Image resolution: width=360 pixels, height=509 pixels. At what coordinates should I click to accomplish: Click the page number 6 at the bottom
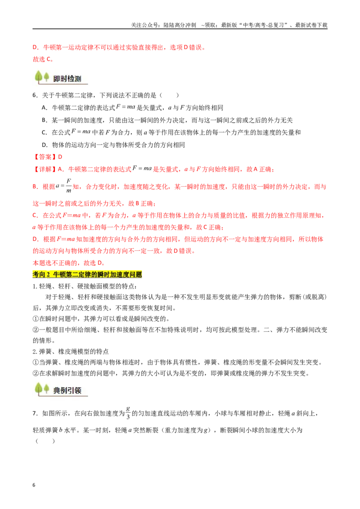pyautogui.click(x=34, y=485)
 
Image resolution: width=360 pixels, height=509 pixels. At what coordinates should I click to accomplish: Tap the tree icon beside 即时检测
pyautogui.click(x=42, y=77)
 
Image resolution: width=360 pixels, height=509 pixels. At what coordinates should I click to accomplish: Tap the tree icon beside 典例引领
pyautogui.click(x=42, y=389)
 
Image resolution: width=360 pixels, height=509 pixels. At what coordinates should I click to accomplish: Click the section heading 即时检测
pyautogui.click(x=67, y=79)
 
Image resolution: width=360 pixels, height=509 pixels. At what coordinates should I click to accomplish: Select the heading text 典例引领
pyautogui.click(x=67, y=390)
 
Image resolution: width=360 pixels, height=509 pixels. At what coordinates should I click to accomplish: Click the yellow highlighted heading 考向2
pyautogui.click(x=87, y=275)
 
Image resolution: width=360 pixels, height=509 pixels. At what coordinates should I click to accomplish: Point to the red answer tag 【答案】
pyautogui.click(x=45, y=157)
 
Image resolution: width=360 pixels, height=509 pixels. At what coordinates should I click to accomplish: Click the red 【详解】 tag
pyautogui.click(x=45, y=169)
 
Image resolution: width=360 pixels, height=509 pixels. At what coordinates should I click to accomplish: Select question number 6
pyautogui.click(x=35, y=95)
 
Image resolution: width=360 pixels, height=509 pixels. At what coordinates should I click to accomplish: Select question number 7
pyautogui.click(x=35, y=414)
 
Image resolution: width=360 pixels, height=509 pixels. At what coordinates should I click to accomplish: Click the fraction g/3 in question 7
pyautogui.click(x=128, y=413)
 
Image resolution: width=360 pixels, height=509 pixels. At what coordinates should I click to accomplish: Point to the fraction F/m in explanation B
pyautogui.click(x=68, y=186)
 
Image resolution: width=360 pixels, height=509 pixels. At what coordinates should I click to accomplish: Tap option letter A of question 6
pyautogui.click(x=45, y=108)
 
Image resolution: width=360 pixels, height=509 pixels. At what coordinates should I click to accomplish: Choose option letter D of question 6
pyautogui.click(x=45, y=145)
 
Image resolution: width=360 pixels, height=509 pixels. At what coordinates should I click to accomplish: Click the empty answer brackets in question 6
pyautogui.click(x=169, y=95)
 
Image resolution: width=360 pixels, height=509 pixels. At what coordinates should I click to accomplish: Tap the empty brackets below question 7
pyautogui.click(x=45, y=441)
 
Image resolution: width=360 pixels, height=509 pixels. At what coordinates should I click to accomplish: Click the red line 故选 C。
pyautogui.click(x=43, y=59)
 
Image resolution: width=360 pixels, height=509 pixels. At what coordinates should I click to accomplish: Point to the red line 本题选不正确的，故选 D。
pyautogui.click(x=68, y=263)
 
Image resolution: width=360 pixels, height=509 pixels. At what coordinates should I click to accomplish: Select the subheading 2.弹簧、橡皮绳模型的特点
pyautogui.click(x=71, y=352)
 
